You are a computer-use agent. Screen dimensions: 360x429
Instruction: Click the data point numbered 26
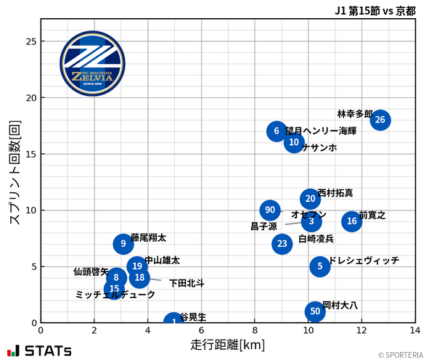point(380,120)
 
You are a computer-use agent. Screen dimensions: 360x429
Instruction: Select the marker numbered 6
point(277,131)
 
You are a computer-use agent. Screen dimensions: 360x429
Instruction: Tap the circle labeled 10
point(294,143)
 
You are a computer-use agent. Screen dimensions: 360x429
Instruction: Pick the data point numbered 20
point(310,199)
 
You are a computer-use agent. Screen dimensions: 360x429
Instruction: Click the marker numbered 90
point(270,210)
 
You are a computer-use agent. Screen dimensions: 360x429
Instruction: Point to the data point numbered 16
point(352,221)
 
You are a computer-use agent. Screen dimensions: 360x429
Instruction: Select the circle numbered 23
point(282,244)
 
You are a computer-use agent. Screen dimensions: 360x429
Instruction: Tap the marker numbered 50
point(314,311)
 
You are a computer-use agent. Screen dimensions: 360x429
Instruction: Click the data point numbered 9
point(123,244)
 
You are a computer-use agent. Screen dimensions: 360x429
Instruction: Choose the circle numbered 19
point(137,266)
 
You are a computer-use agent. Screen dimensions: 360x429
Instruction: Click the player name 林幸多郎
point(354,114)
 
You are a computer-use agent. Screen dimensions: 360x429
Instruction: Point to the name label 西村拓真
point(335,193)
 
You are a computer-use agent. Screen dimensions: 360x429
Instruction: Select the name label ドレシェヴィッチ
point(364,261)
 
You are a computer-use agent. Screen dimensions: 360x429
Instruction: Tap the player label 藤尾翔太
point(149,237)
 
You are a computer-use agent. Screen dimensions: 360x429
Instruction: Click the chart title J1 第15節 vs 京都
point(375,11)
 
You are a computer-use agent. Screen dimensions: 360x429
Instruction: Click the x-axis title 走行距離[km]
point(228,343)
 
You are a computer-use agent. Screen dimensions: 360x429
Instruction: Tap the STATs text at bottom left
point(48,351)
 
